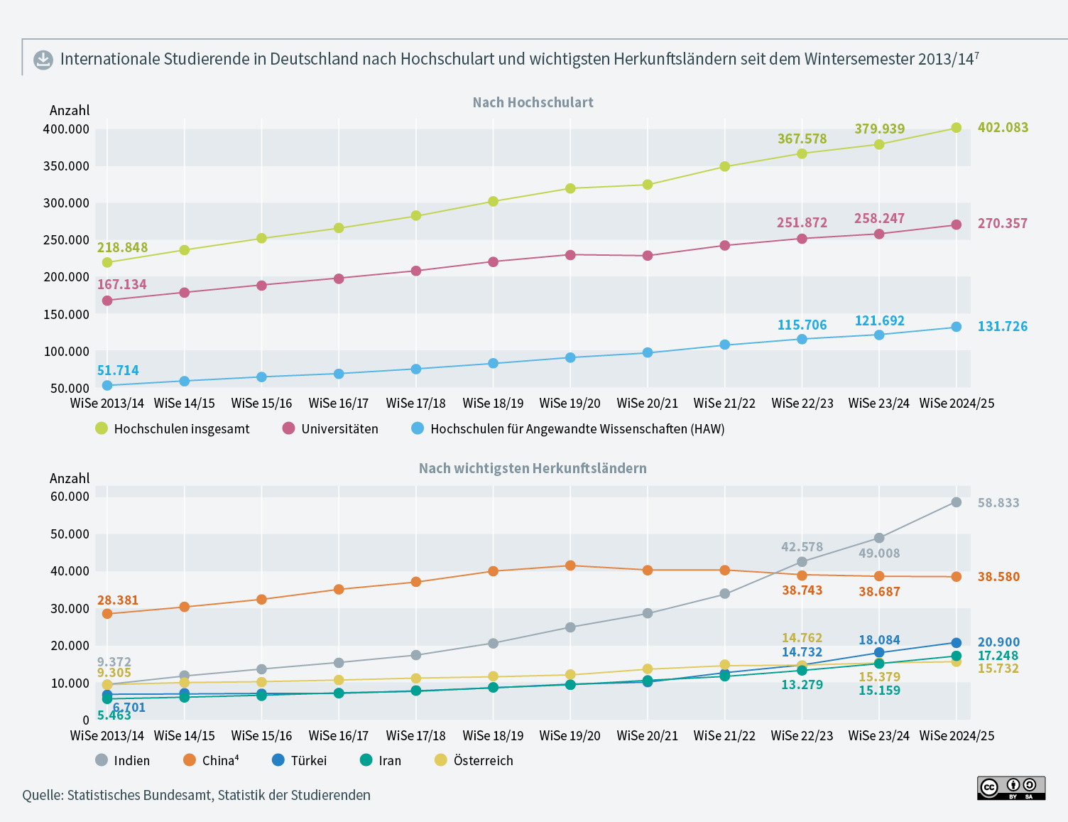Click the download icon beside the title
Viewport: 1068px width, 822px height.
[43, 60]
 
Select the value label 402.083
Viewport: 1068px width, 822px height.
[1003, 128]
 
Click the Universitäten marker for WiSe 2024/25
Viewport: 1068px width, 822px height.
[956, 225]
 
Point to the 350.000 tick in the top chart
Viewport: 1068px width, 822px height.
[66, 166]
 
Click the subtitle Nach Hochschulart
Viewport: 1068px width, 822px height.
[533, 102]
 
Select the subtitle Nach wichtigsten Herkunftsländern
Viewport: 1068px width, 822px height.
[533, 468]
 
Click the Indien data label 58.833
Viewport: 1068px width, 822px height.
[998, 503]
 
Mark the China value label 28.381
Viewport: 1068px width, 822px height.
[118, 600]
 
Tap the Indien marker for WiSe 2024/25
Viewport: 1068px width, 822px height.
[956, 502]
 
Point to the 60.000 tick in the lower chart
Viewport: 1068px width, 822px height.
[70, 497]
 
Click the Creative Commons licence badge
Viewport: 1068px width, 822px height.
[1011, 788]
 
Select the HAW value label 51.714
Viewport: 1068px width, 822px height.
[118, 370]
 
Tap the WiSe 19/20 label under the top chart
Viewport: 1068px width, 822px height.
[570, 404]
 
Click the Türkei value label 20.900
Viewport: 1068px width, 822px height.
[998, 642]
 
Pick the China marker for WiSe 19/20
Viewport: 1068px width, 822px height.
[570, 566]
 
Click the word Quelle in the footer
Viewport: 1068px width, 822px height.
[42, 795]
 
